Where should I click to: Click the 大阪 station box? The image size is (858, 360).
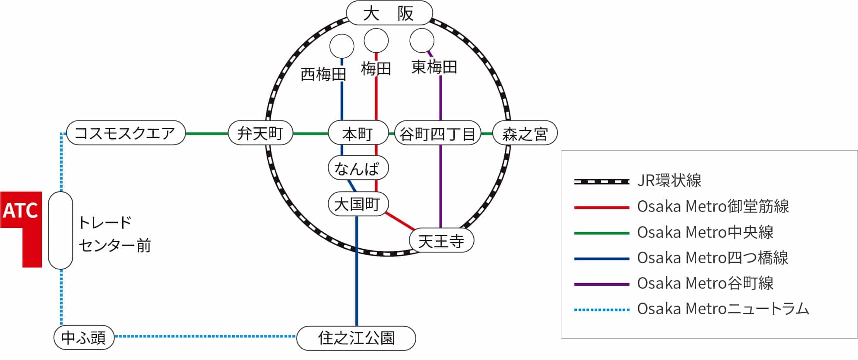pyautogui.click(x=389, y=13)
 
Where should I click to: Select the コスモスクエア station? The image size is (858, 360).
pyautogui.click(x=126, y=133)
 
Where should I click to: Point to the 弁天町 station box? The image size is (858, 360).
pyautogui.click(x=260, y=133)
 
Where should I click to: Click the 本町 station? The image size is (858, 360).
pyautogui.click(x=358, y=133)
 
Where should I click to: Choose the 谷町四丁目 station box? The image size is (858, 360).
pyautogui.click(x=437, y=133)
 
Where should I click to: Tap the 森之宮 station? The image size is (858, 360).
pyautogui.click(x=525, y=133)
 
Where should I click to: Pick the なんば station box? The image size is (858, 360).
pyautogui.click(x=358, y=168)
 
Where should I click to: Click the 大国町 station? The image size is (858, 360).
pyautogui.click(x=358, y=204)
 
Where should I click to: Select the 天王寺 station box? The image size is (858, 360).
pyautogui.click(x=441, y=241)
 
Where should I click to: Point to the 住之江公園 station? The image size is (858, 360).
pyautogui.click(x=356, y=338)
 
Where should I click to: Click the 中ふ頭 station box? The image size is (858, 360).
pyautogui.click(x=84, y=338)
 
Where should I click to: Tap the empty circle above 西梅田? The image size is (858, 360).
pyautogui.click(x=342, y=46)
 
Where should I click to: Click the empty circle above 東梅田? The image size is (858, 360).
pyautogui.click(x=421, y=41)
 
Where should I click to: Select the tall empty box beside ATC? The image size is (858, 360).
pyautogui.click(x=60, y=231)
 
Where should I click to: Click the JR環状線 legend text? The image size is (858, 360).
pyautogui.click(x=669, y=181)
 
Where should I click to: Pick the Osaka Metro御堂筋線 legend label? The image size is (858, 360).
pyautogui.click(x=713, y=207)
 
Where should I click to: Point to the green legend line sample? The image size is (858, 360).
pyautogui.click(x=602, y=233)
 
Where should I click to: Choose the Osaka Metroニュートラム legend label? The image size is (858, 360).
pyautogui.click(x=723, y=309)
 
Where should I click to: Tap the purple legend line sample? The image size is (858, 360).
pyautogui.click(x=602, y=284)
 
